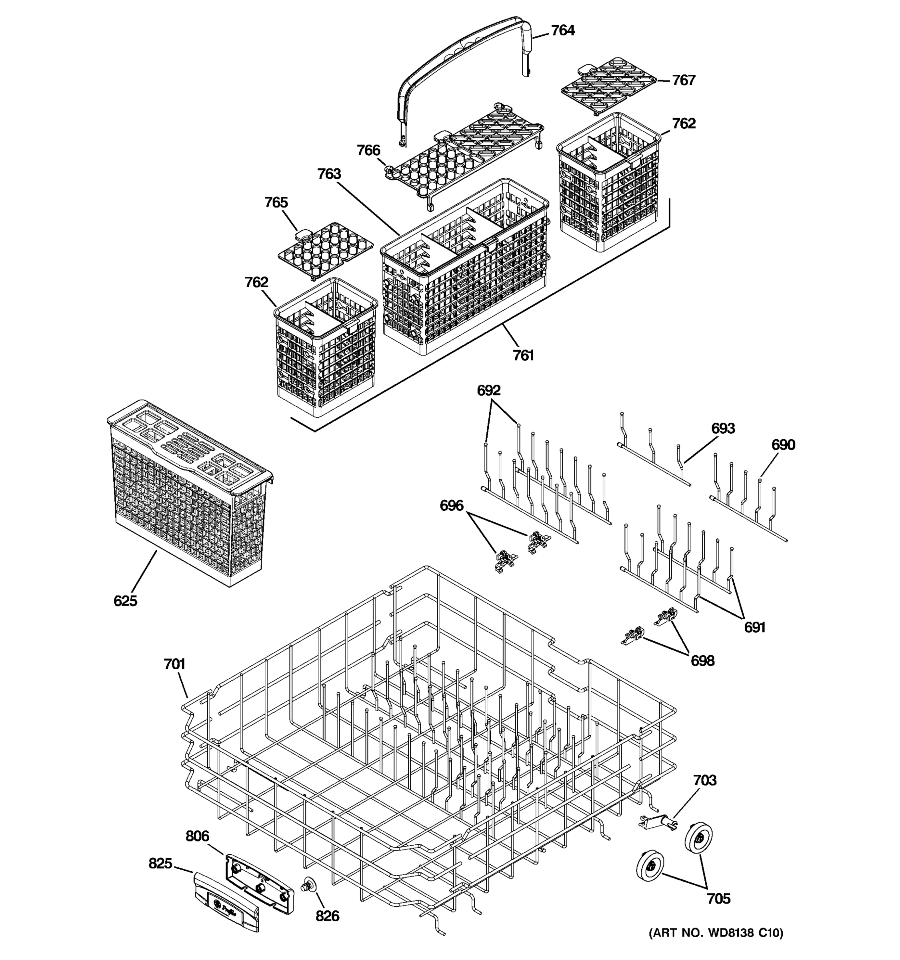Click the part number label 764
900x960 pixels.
(x=562, y=30)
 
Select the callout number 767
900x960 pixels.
(x=684, y=80)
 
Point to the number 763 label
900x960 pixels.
(x=329, y=174)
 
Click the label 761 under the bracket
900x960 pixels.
(x=523, y=356)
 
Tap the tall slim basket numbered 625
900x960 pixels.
(x=188, y=492)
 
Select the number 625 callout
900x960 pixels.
(x=126, y=601)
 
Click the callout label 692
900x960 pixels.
(x=489, y=390)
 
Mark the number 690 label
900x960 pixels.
(x=783, y=445)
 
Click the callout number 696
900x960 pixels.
(x=452, y=506)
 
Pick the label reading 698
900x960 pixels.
(x=702, y=661)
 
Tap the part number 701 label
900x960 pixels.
(x=174, y=664)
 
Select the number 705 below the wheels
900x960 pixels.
(x=718, y=899)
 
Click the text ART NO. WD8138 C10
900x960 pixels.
(x=716, y=946)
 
